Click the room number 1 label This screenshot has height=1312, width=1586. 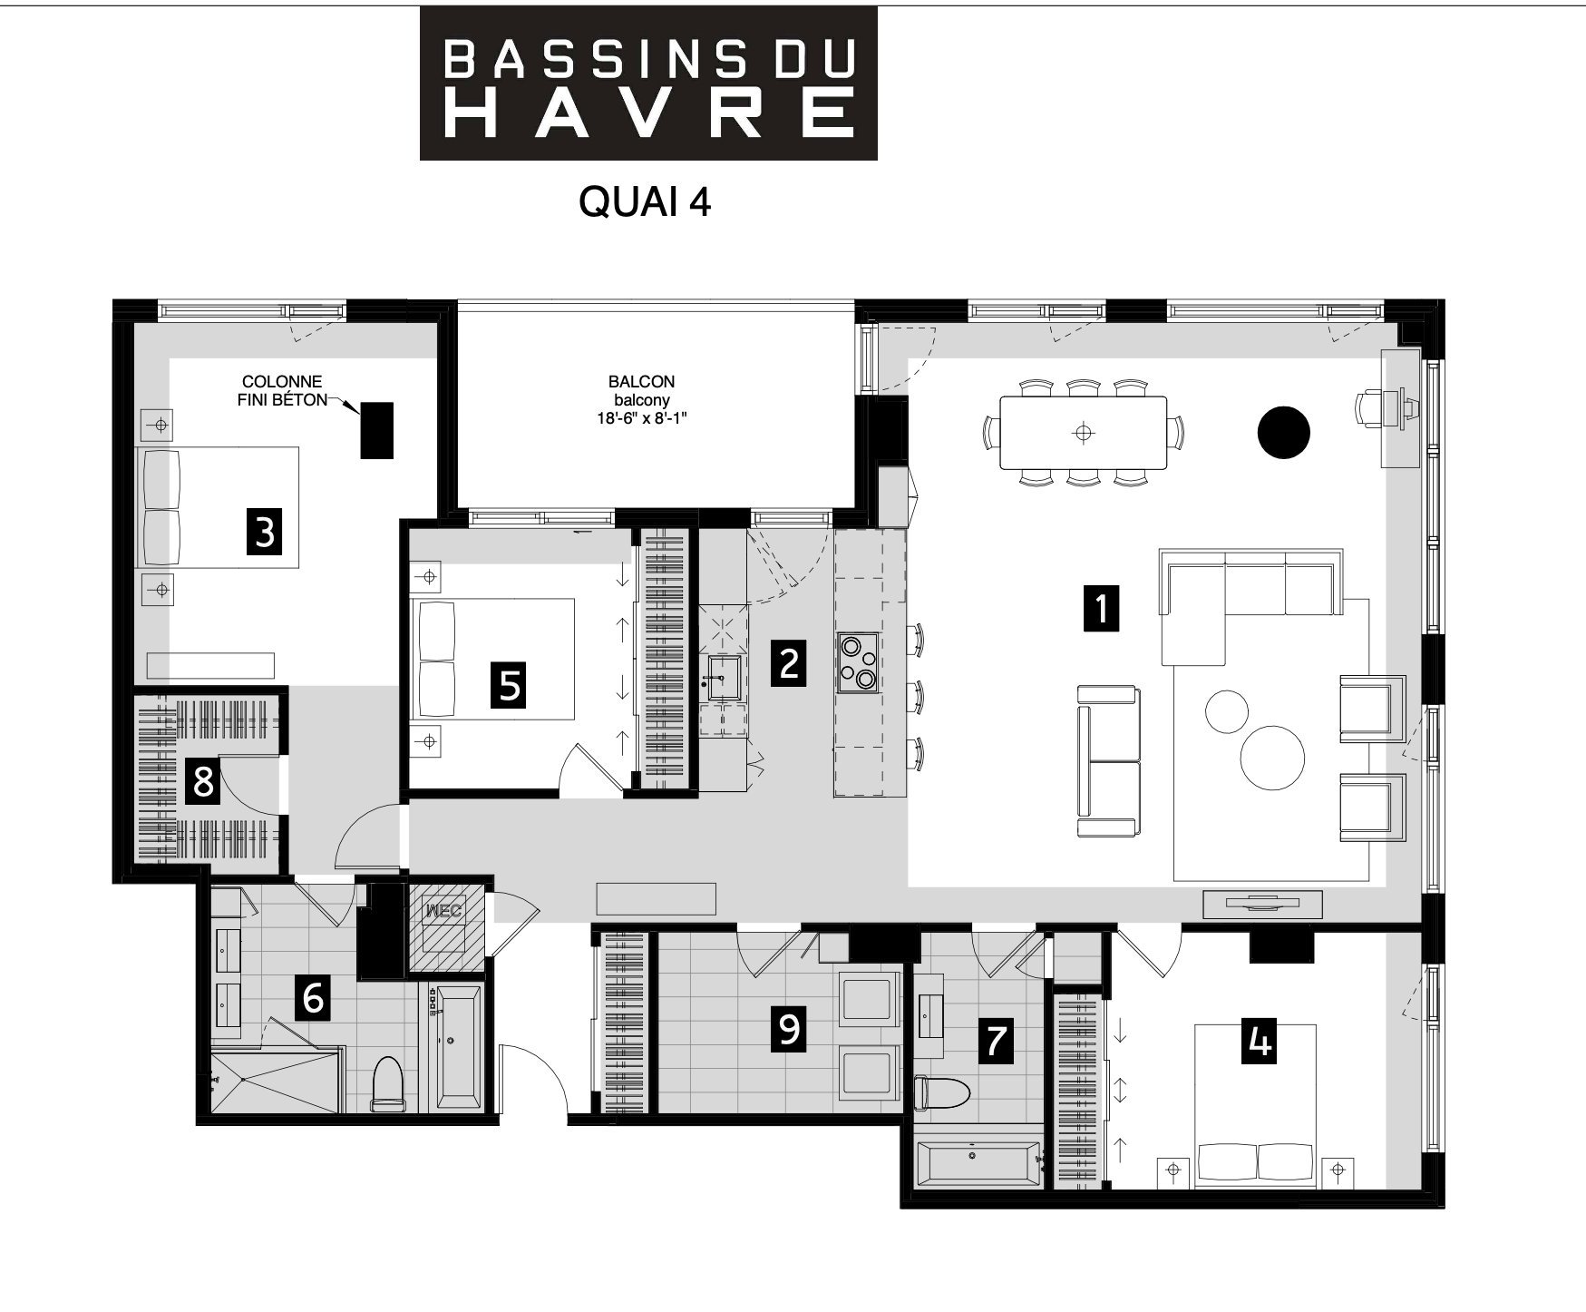[1102, 608]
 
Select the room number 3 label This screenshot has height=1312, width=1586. [264, 531]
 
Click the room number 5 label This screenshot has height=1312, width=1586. [510, 684]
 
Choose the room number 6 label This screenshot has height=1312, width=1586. [313, 998]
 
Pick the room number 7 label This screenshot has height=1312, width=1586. [996, 1040]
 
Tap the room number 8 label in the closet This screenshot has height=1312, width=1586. [203, 780]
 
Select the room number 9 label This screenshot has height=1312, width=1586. [789, 1029]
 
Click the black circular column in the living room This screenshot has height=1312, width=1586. [1283, 432]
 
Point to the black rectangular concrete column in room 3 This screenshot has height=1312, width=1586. [377, 430]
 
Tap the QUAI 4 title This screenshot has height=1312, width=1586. [645, 202]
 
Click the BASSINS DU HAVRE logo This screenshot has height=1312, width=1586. [648, 83]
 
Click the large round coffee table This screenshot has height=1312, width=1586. [1272, 758]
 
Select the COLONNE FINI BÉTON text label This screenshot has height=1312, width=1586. [282, 391]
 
